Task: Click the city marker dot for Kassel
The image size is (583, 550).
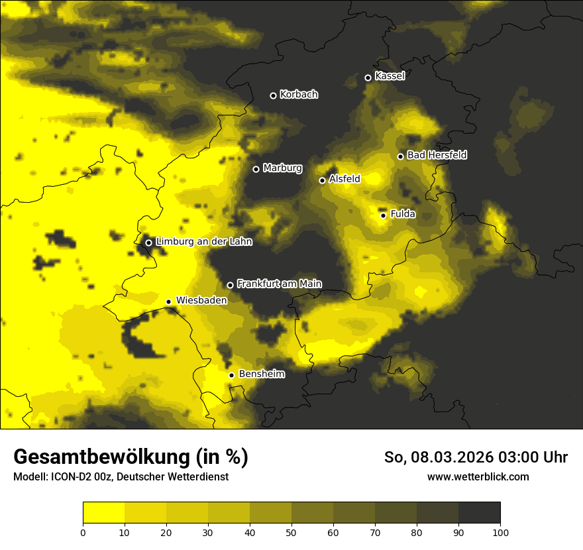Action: tap(368, 78)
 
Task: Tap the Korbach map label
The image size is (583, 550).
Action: tap(299, 95)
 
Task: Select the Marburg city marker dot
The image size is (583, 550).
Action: tap(256, 169)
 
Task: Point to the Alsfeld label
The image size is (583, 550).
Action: tap(344, 179)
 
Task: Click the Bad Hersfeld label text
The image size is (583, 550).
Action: tap(437, 155)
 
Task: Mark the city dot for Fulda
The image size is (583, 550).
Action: tap(383, 215)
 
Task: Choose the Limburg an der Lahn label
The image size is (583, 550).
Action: tap(204, 242)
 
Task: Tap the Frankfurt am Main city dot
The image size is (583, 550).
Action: tap(230, 285)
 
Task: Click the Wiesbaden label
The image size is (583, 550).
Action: tap(201, 300)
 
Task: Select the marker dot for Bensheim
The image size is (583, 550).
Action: tap(231, 375)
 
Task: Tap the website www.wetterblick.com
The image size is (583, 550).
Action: tap(478, 476)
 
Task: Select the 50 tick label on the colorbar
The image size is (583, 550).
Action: tap(291, 531)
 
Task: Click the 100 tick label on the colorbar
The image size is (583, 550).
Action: tap(500, 531)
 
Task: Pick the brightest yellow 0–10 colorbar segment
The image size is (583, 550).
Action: tap(103, 513)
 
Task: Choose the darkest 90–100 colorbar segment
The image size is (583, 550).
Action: tap(479, 513)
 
